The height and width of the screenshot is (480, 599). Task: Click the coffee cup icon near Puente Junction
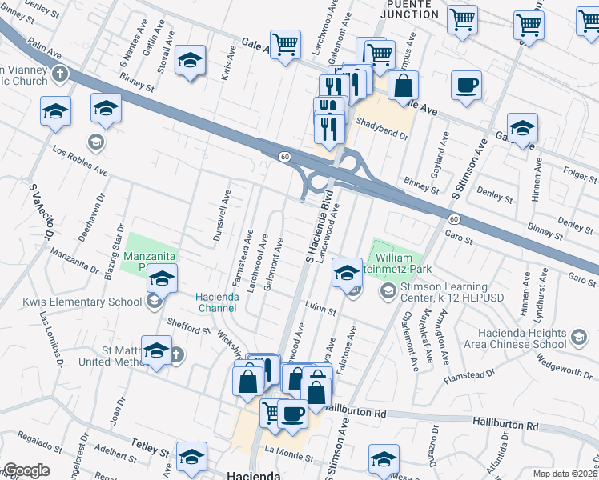click(466, 86)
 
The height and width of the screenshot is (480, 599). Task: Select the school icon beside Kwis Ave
click(190, 61)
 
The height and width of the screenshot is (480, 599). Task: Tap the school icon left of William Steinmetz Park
click(347, 273)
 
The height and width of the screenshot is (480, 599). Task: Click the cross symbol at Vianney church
click(60, 75)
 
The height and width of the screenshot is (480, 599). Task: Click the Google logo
click(26, 470)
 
